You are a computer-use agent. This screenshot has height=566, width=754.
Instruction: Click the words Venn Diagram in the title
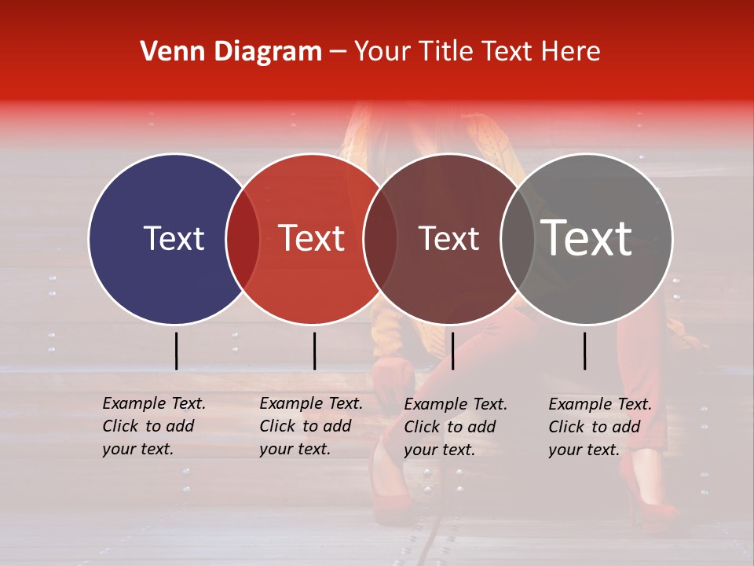[231, 52]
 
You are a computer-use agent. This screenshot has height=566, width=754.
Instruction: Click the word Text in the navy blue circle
[174, 238]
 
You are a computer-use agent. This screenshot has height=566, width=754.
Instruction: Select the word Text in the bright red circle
[312, 238]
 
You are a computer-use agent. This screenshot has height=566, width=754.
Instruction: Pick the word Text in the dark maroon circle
[448, 238]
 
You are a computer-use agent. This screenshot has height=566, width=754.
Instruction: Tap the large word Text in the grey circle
[587, 238]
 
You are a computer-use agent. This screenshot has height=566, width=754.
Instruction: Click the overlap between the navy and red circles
[243, 239]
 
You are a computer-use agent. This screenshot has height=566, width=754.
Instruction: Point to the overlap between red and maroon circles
[380, 239]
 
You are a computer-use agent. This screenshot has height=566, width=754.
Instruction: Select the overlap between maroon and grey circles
[517, 239]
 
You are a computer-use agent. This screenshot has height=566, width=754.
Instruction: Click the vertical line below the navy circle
[177, 351]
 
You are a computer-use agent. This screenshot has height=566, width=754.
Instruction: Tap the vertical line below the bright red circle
[314, 351]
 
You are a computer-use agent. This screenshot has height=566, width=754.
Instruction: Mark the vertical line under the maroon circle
[452, 351]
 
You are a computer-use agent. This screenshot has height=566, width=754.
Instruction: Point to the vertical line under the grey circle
[585, 351]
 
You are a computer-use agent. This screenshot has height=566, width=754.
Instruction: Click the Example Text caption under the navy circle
[154, 426]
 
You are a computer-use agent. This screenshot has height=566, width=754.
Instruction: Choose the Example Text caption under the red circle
[311, 426]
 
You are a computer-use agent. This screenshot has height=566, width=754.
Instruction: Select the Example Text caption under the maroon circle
[456, 427]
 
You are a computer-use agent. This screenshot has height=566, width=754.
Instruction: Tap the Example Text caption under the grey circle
[600, 427]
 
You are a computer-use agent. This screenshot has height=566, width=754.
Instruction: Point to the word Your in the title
[382, 52]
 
